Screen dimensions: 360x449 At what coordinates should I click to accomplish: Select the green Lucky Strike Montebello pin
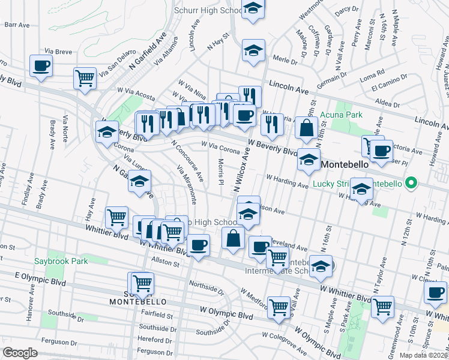point(411,182)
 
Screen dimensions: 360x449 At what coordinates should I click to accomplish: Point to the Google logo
point(20,353)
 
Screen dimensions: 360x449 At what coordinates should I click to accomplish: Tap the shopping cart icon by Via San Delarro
point(85,77)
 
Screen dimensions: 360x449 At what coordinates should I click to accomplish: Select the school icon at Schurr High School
point(253,8)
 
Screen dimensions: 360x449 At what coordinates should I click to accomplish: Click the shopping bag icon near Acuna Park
point(307,128)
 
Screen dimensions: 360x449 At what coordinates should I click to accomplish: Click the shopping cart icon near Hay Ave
point(116,217)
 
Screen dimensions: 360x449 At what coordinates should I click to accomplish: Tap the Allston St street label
point(166,263)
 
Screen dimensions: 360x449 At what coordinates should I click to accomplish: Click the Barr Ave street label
point(16,25)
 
